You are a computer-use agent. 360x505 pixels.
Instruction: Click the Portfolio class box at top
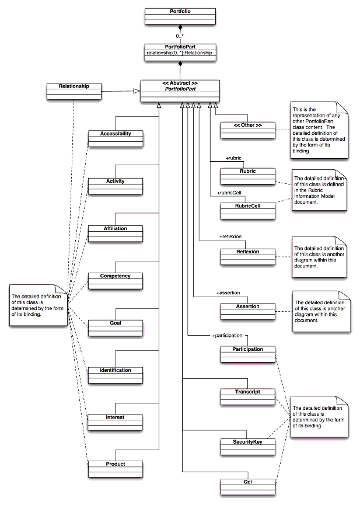coord(180,16)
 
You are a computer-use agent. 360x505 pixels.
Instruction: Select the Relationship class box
coord(74,92)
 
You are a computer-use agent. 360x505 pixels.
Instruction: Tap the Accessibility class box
coord(115,138)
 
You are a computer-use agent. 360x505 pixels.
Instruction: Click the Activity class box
coord(115,186)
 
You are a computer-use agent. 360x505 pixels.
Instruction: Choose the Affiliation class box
coord(115,233)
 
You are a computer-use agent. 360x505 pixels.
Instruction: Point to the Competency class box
coord(115,280)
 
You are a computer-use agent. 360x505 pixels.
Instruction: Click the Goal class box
coord(115,328)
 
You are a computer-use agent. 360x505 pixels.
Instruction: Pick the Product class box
coord(115,469)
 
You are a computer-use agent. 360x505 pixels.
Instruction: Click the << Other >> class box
coord(247,130)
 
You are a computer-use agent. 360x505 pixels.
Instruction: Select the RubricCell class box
coord(247,210)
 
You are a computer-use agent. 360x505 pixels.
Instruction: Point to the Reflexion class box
coord(247,256)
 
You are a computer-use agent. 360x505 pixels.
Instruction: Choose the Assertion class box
coord(247,311)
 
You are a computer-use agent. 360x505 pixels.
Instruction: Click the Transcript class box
coord(247,396)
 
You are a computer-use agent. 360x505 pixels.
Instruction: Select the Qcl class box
coord(247,486)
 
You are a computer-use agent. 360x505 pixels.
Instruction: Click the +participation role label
coord(227,336)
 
